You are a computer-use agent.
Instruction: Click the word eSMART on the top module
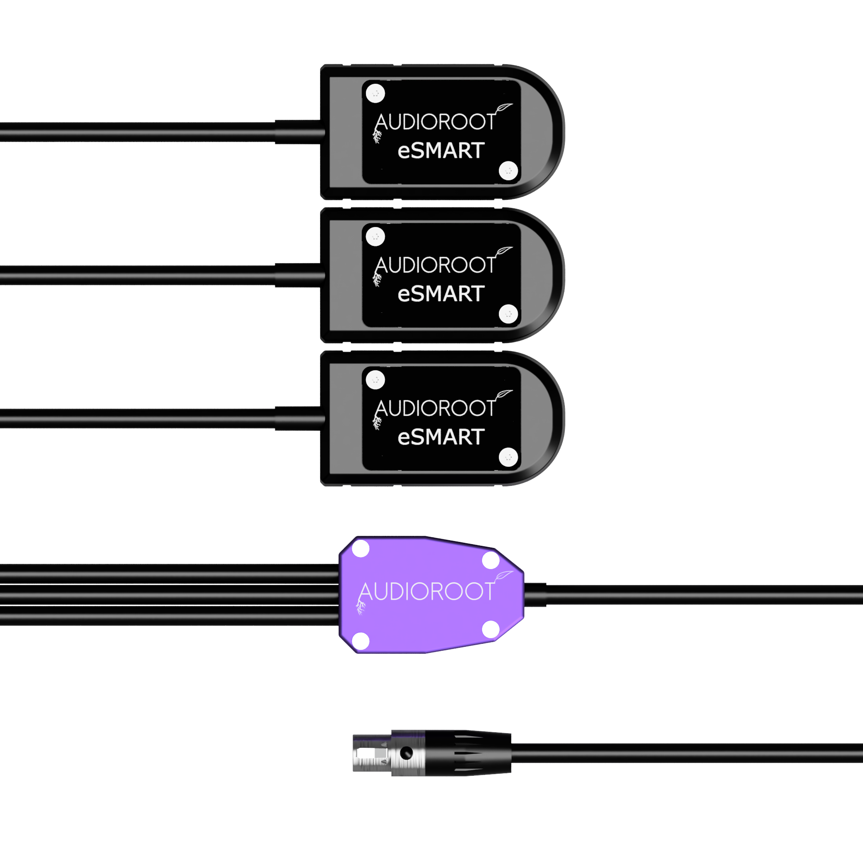441,151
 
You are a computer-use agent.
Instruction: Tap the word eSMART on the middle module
441,294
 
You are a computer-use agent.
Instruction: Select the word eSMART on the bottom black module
441,437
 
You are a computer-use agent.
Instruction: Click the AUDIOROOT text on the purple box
426,592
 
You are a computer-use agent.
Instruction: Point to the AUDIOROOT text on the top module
435,122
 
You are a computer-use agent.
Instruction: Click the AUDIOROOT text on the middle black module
435,265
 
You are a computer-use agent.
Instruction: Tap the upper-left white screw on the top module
375,93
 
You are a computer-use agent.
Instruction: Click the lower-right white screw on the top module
508,170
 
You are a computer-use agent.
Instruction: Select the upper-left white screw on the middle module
375,237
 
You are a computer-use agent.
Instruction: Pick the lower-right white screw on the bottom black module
508,457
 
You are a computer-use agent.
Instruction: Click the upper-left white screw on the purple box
361,549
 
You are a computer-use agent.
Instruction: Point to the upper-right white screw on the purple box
491,560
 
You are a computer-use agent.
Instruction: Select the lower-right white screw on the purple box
491,630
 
